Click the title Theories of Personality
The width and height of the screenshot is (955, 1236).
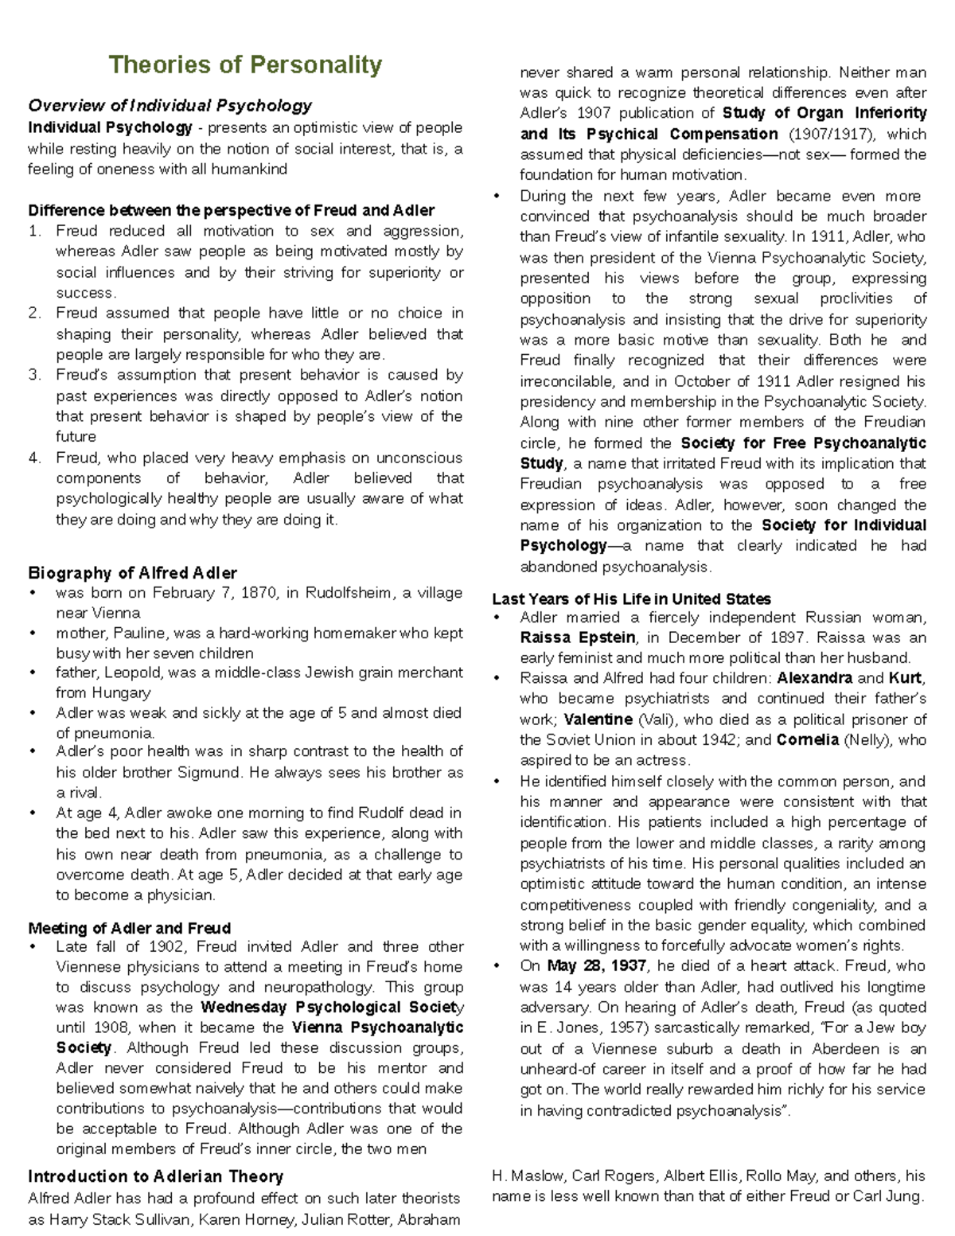(245, 64)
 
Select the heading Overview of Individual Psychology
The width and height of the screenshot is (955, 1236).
(170, 105)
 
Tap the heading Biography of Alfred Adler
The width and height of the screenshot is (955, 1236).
(132, 573)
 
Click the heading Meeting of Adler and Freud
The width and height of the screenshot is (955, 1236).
(129, 928)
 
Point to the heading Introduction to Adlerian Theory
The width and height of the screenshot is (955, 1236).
(155, 1176)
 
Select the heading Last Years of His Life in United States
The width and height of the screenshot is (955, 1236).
(631, 599)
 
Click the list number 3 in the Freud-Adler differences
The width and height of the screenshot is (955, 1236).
(33, 375)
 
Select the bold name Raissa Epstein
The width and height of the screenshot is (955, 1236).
(577, 637)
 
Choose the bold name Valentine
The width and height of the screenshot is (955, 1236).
(598, 719)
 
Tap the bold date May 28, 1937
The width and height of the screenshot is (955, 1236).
(597, 966)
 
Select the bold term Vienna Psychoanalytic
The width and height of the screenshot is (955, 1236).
(377, 1027)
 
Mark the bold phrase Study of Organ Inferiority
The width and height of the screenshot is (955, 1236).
(824, 113)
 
